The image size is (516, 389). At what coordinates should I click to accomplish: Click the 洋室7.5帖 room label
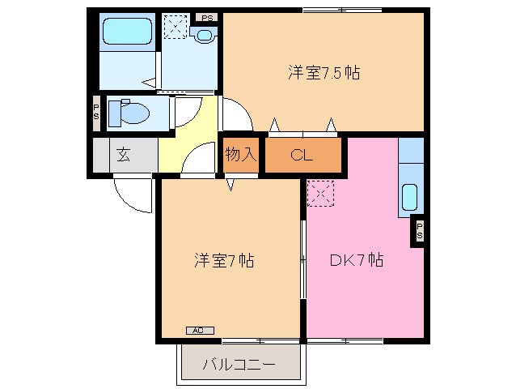[323, 72]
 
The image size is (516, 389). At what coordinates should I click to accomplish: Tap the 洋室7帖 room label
[224, 261]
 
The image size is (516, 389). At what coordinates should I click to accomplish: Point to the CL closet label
[301, 156]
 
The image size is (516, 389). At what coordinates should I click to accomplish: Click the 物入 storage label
[240, 154]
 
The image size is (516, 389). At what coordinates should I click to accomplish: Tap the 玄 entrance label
[123, 155]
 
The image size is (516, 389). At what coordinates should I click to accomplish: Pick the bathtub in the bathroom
[127, 31]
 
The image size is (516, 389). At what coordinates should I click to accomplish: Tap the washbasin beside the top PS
[204, 34]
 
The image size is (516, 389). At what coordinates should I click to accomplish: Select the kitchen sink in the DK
[409, 197]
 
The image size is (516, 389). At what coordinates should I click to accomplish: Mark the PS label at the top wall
[208, 16]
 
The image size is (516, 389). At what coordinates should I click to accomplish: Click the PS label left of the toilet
[96, 112]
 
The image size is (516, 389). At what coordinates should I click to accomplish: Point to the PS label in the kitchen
[419, 230]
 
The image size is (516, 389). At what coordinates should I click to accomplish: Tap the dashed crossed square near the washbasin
[175, 27]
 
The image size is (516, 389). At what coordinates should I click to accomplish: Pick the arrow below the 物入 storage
[230, 184]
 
